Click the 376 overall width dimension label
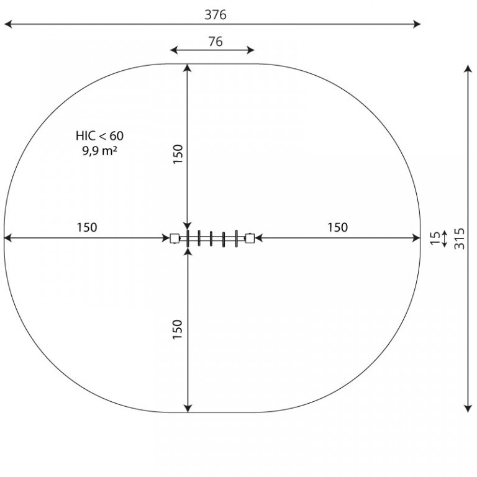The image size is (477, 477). point(216,15)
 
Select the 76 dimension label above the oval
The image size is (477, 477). point(216,42)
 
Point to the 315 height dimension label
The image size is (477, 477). point(460,238)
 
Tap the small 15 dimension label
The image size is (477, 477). point(435,238)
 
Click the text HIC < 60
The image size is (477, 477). point(100,135)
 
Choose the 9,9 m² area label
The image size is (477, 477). point(100,150)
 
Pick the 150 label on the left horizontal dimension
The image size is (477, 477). point(87,227)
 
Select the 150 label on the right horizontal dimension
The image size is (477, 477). point(338,227)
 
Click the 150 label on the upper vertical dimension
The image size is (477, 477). point(178,154)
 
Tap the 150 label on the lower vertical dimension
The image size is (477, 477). point(177,329)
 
